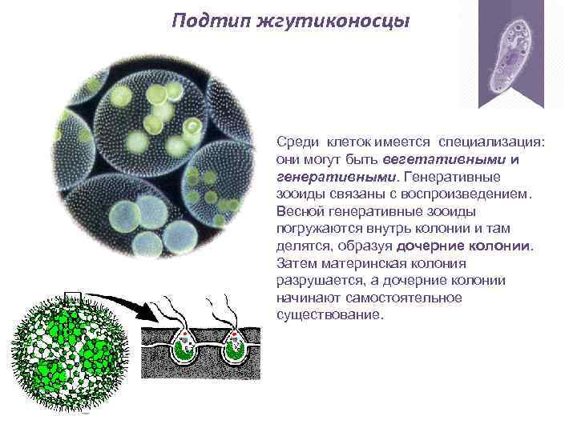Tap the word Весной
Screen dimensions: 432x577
(x=297, y=211)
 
